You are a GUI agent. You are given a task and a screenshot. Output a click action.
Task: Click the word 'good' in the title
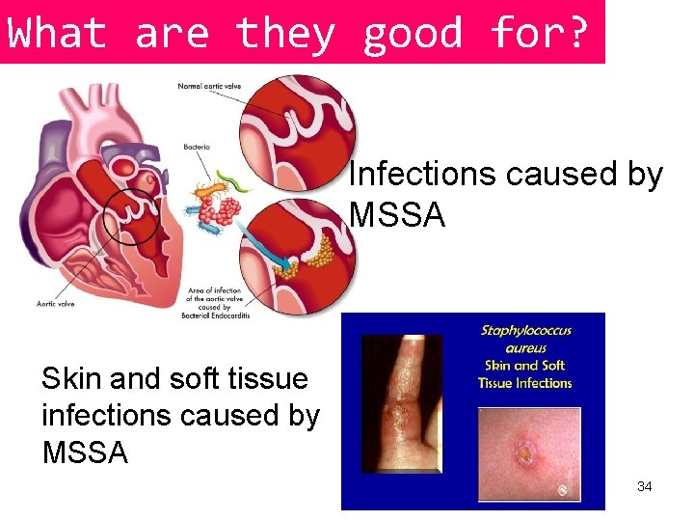(413, 33)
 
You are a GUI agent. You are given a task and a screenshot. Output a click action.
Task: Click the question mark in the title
(576, 33)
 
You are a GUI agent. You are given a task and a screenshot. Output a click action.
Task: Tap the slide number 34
(645, 486)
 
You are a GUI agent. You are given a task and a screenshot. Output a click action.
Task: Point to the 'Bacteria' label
(197, 148)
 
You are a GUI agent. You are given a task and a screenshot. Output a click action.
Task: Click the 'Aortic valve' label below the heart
(56, 304)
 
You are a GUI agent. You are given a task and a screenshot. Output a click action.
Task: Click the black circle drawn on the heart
(131, 215)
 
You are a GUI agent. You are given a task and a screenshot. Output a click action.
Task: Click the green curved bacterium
(237, 179)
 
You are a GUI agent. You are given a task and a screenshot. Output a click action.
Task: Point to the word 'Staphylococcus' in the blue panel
(525, 331)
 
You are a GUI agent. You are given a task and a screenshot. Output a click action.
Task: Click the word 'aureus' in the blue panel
(525, 348)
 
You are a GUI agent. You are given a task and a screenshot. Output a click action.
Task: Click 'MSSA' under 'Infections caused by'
(397, 214)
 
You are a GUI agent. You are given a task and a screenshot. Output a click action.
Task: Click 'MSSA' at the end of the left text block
(85, 452)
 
